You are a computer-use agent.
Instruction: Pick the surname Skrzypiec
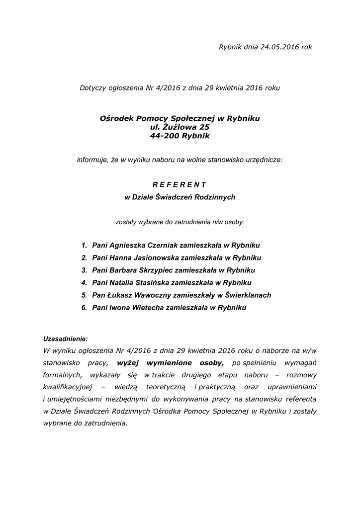click(x=148, y=270)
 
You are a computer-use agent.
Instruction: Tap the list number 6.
click(x=84, y=308)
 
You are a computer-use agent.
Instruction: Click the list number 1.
click(x=84, y=246)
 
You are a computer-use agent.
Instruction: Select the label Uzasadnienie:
click(x=66, y=339)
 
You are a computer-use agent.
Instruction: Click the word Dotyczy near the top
click(x=93, y=88)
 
